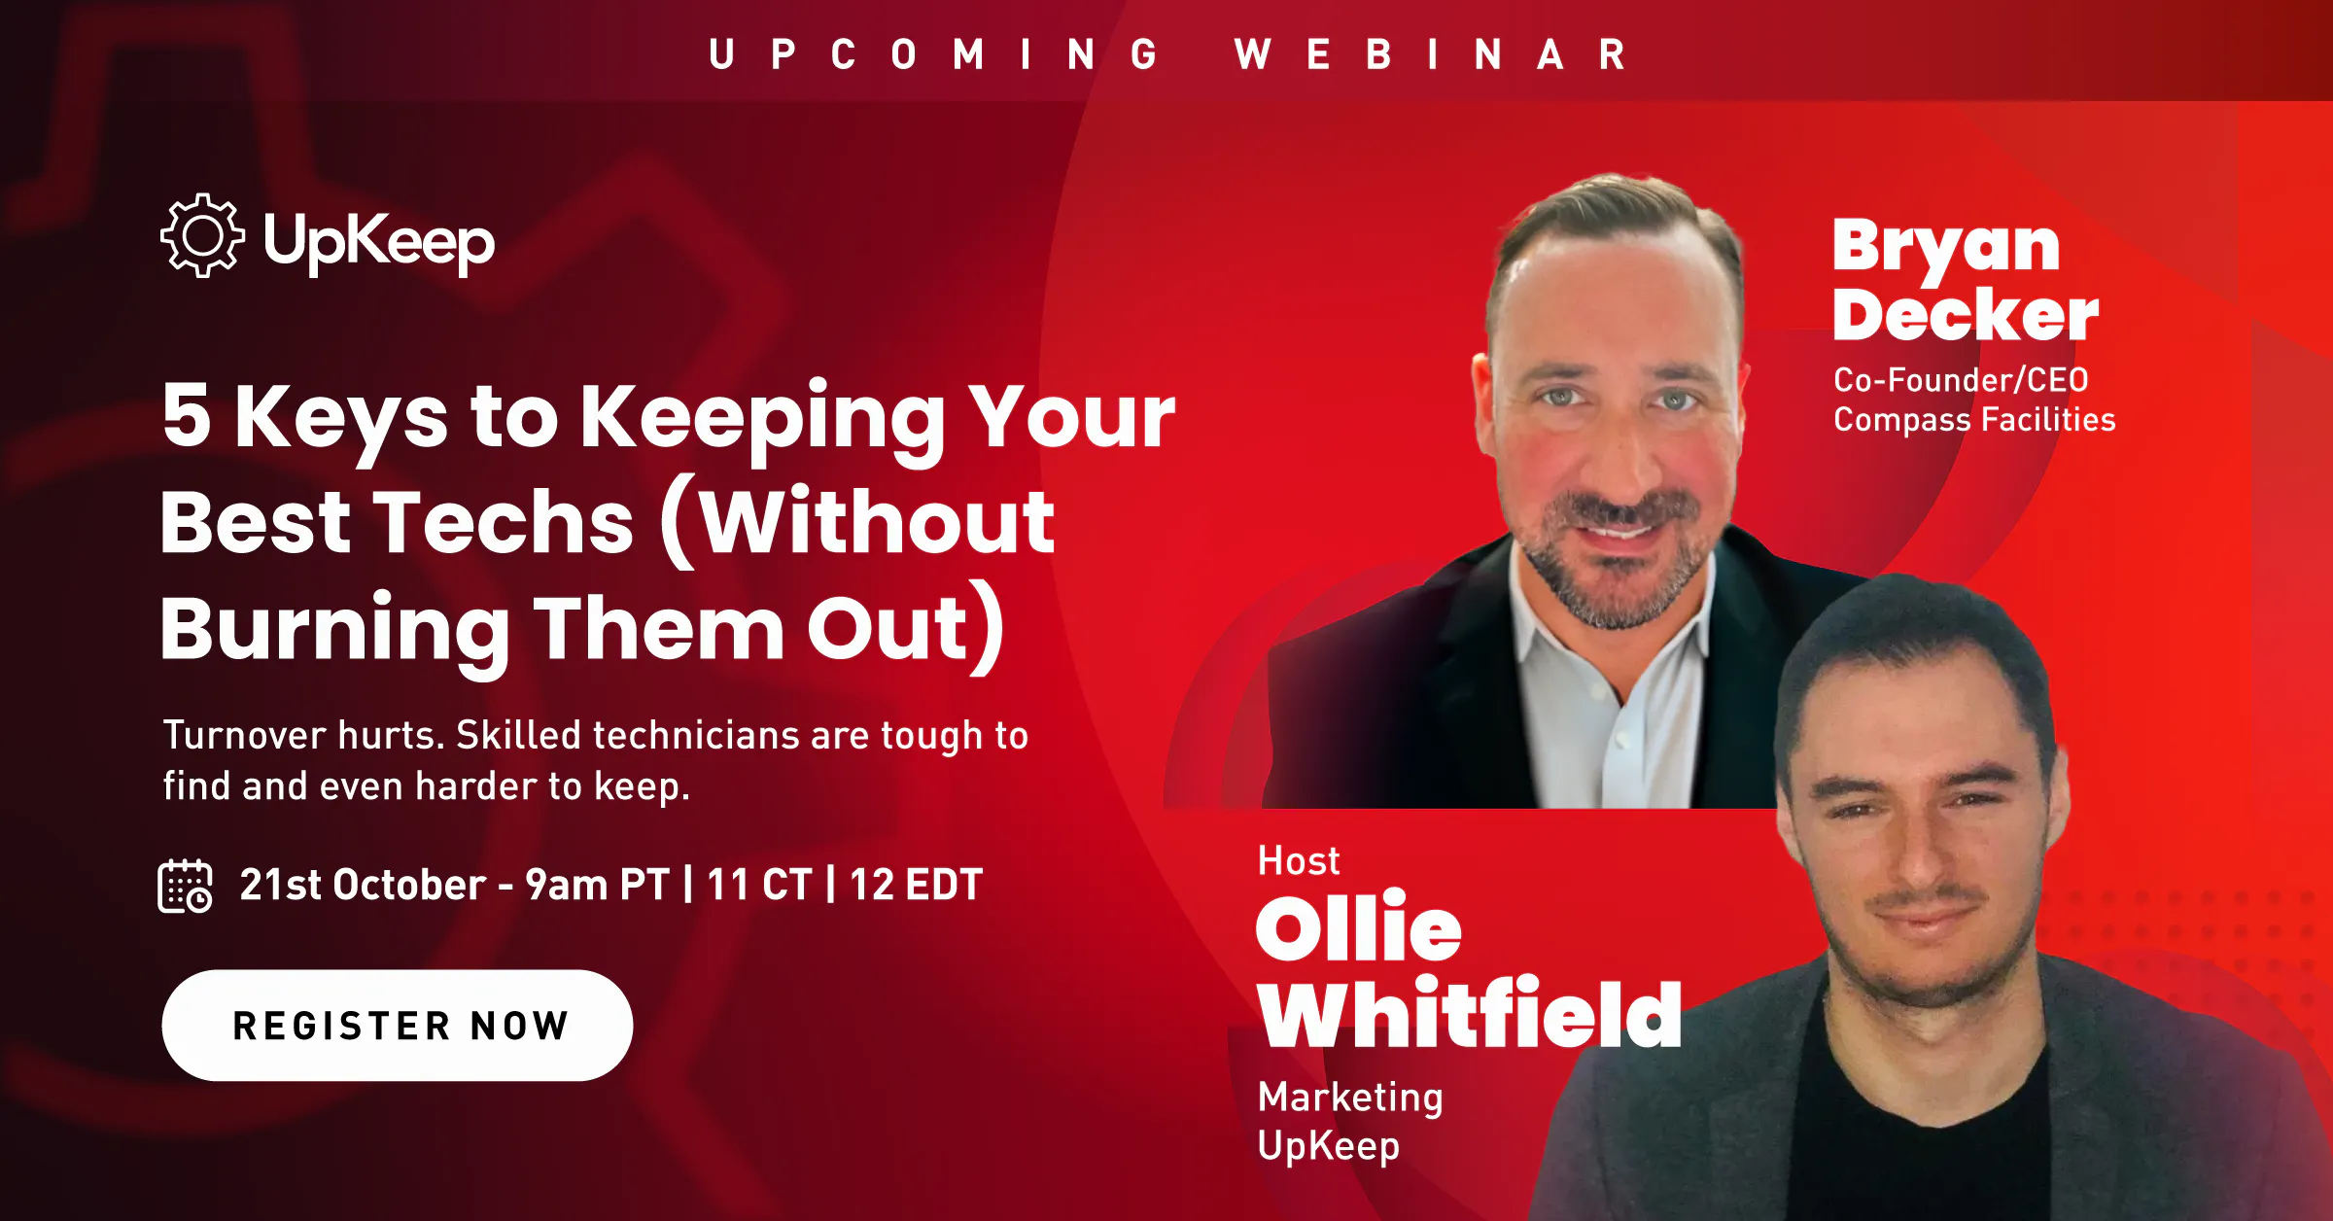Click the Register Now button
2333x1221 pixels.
point(398,1025)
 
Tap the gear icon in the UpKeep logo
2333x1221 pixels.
point(202,235)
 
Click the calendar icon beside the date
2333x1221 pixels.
point(185,886)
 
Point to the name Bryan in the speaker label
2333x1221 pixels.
point(1946,247)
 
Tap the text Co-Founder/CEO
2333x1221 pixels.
point(1961,379)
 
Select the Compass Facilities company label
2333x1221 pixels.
point(1974,419)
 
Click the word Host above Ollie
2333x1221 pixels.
point(1299,860)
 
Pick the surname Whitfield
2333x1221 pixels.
point(1470,1013)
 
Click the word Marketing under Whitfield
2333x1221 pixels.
point(1350,1099)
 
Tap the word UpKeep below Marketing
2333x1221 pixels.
point(1329,1146)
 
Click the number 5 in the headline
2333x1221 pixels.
point(187,414)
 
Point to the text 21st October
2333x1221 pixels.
point(363,885)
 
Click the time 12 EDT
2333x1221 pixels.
point(916,885)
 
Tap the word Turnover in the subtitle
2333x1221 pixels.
point(245,735)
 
